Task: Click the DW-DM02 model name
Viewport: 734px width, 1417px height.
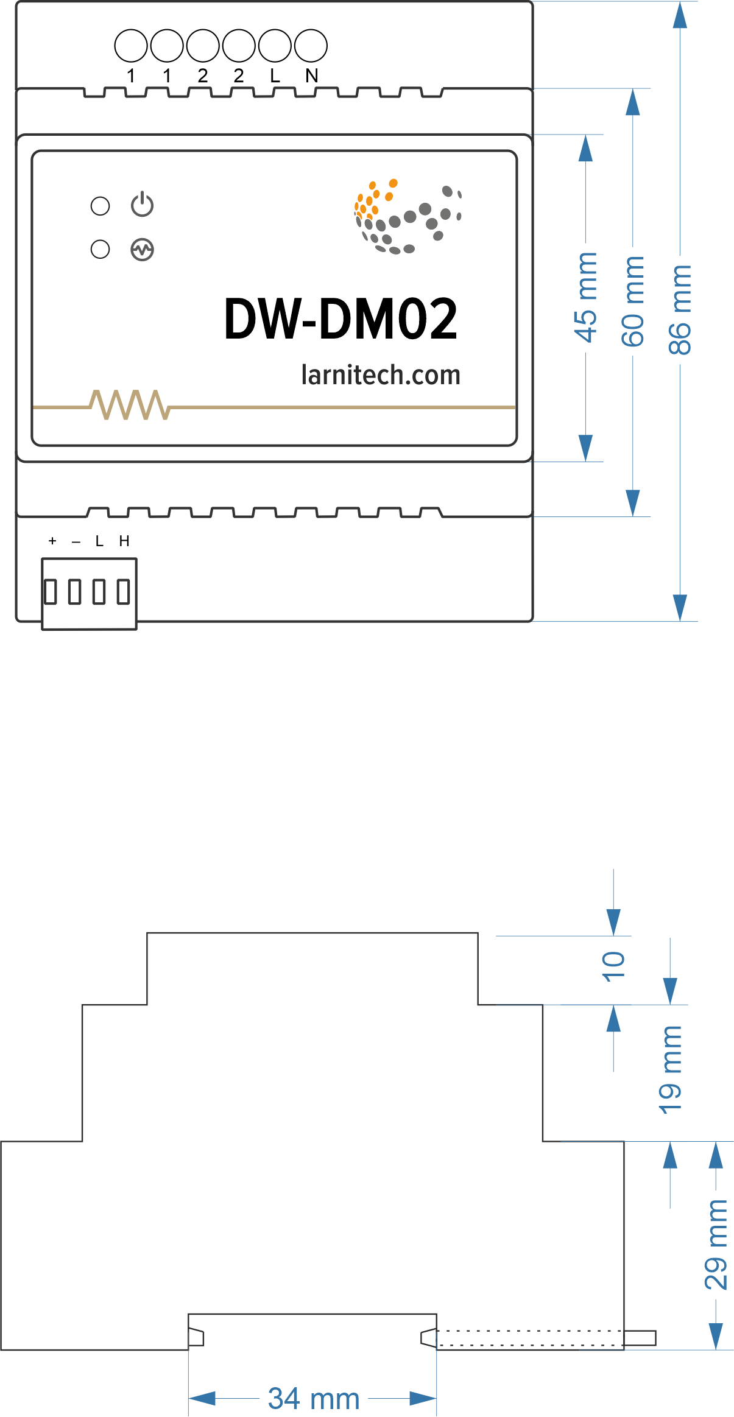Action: tap(341, 318)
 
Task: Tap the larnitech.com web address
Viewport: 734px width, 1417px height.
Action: tap(381, 374)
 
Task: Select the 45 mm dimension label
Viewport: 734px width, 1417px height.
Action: tap(585, 297)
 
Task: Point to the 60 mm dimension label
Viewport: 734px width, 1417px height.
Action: tap(633, 301)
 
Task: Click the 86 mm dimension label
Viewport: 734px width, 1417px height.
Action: tap(680, 310)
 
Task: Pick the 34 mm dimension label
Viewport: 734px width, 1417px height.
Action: tap(314, 1398)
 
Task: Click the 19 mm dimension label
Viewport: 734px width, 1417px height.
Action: tap(670, 1070)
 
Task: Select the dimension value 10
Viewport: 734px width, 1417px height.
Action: tap(613, 966)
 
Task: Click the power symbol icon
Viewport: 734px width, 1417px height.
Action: tap(142, 205)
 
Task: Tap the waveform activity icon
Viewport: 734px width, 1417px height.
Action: tap(142, 249)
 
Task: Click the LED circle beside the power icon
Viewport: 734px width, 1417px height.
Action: tap(100, 206)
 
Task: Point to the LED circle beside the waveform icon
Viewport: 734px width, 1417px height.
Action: tap(100, 249)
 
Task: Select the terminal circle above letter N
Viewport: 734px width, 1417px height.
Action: tap(311, 46)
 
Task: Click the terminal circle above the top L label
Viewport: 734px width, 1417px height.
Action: tap(275, 46)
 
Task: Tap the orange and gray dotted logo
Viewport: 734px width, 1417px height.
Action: tap(408, 216)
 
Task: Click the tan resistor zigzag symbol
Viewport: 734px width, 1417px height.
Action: tap(129, 405)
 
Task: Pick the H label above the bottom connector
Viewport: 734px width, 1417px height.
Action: tap(124, 541)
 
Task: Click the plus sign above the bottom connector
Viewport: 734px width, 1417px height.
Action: tap(52, 541)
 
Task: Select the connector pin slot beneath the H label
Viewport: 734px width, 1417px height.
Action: tap(124, 592)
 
